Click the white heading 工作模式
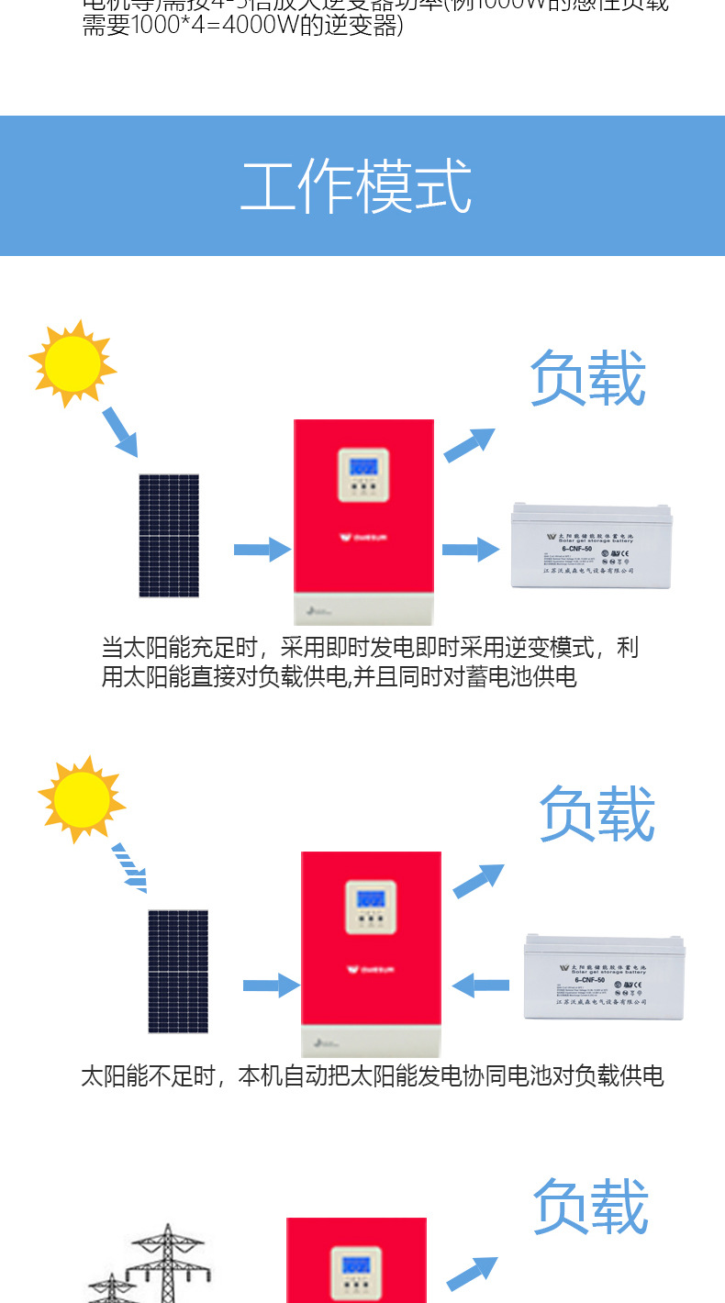tap(356, 186)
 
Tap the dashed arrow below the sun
tap(129, 868)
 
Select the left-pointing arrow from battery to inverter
tap(481, 986)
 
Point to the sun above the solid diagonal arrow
tap(72, 362)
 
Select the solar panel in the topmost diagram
tap(169, 536)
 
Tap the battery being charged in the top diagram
tap(591, 545)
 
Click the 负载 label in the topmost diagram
tap(588, 378)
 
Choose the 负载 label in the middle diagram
tap(597, 814)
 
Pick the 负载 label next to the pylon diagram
tap(591, 1207)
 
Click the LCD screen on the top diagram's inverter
tap(362, 465)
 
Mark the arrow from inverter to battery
tap(471, 550)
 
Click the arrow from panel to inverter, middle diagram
tap(272, 986)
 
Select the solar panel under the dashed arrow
tap(178, 971)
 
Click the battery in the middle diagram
tap(604, 978)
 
